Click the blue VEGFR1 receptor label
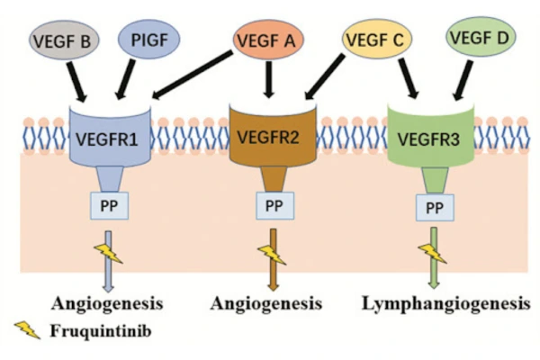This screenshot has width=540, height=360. coord(108,140)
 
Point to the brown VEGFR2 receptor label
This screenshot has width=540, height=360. coord(271,139)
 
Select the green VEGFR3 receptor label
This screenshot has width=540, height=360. coord(431,139)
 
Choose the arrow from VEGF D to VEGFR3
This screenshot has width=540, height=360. coord(463,77)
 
